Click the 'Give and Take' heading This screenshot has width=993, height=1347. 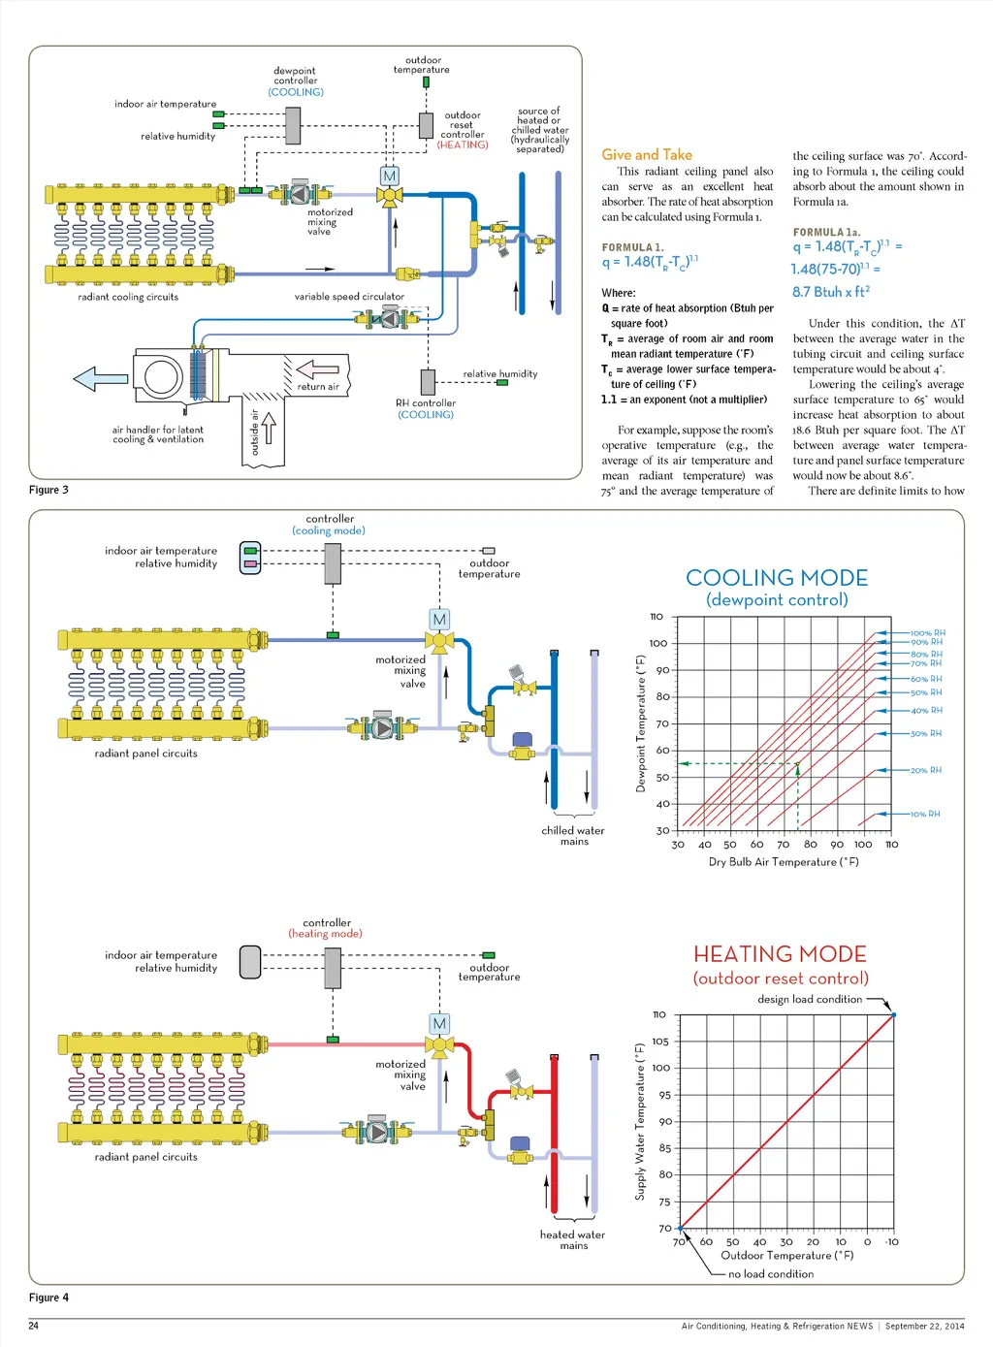coord(647,154)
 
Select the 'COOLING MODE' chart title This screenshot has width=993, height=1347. coord(777,578)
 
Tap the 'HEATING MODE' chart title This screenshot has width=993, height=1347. coord(780,954)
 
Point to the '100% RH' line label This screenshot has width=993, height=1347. coord(928,633)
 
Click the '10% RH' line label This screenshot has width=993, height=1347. coord(925,815)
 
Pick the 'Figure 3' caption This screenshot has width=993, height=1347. coord(48,490)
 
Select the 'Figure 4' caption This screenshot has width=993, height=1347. coord(48,1298)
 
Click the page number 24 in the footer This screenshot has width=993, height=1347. coord(34,1326)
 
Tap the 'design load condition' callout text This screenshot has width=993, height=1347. coord(810,999)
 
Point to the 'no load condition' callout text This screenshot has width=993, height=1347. coord(771,1274)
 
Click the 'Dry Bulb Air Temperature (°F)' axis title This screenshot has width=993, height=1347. coord(784,861)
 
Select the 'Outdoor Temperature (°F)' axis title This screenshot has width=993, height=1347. coord(787,1255)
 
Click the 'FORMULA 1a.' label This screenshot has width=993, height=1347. coord(826,233)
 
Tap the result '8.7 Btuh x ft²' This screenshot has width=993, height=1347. coord(831,292)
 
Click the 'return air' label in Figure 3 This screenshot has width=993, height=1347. coord(318,387)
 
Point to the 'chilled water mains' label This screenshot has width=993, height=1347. coord(573,836)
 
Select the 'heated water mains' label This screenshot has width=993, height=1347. coord(573,1240)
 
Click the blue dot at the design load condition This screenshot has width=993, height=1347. coord(893,1014)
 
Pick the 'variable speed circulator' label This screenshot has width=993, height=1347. coord(349,297)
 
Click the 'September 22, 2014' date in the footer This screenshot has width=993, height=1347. coord(924,1326)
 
